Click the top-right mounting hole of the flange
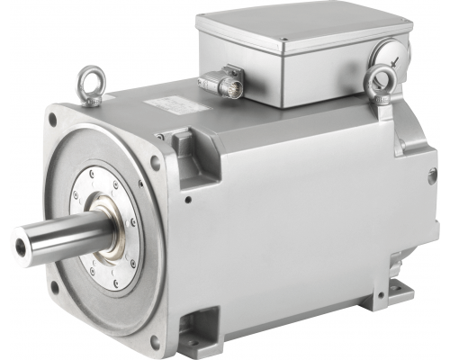[x=156, y=163]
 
